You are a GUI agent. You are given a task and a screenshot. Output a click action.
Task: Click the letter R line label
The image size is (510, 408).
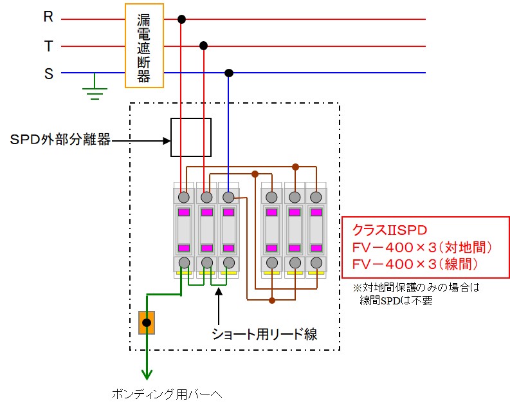tap(48, 17)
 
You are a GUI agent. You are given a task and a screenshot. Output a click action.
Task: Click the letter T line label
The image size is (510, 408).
tap(48, 46)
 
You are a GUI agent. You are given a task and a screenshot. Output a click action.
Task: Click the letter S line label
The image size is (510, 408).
tap(48, 73)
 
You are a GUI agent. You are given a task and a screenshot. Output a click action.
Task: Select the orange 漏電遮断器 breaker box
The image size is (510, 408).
tap(144, 45)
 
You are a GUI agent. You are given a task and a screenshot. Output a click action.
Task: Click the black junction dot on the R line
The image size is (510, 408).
tap(182, 19)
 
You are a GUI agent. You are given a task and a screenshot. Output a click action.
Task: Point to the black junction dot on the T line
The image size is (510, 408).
tap(204, 46)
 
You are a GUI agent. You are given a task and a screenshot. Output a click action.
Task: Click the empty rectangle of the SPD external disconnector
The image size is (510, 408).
tap(191, 137)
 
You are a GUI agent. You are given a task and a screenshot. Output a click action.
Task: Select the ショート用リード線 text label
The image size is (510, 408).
tap(264, 333)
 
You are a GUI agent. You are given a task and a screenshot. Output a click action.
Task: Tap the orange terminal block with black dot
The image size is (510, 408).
tap(147, 322)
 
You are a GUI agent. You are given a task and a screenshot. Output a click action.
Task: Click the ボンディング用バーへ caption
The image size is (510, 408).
tap(167, 394)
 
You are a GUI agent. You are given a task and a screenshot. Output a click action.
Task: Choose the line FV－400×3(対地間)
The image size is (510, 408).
tap(421, 246)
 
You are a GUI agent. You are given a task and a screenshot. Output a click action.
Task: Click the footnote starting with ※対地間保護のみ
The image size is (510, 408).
tap(416, 288)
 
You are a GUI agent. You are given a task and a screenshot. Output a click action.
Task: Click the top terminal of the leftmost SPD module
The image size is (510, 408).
tap(185, 196)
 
